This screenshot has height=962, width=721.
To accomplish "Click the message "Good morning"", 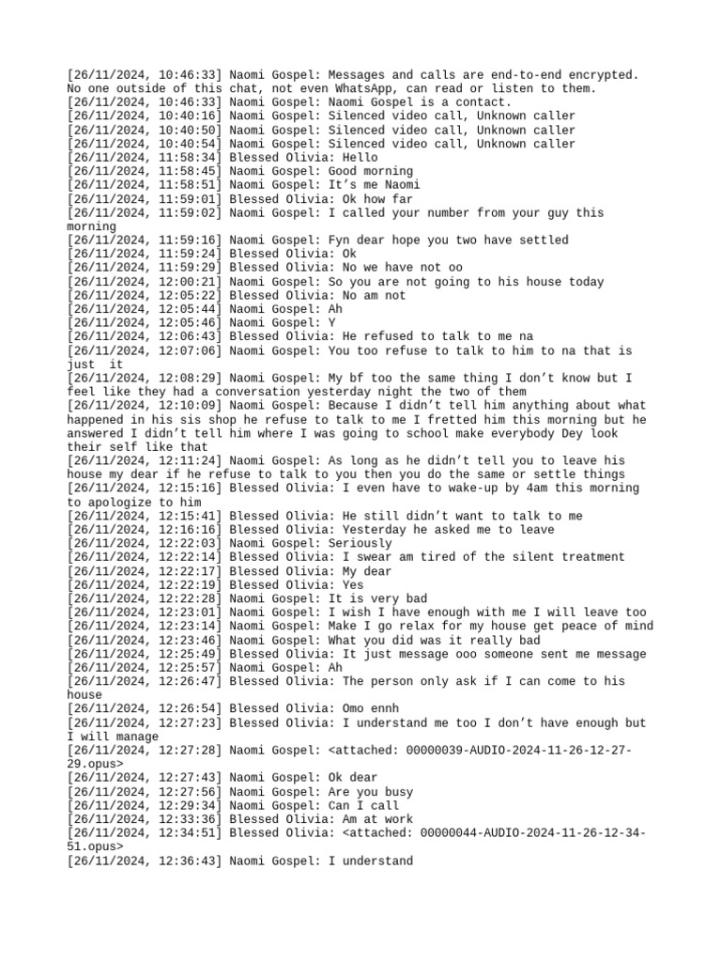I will click(370, 171).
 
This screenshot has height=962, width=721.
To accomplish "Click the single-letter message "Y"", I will click(331, 322).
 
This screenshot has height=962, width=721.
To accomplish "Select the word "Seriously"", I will click(360, 543).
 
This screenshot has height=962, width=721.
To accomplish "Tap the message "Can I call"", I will click(363, 805).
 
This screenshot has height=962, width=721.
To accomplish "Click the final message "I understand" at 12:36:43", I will click(370, 861).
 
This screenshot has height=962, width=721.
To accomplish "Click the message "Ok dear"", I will click(353, 778).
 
